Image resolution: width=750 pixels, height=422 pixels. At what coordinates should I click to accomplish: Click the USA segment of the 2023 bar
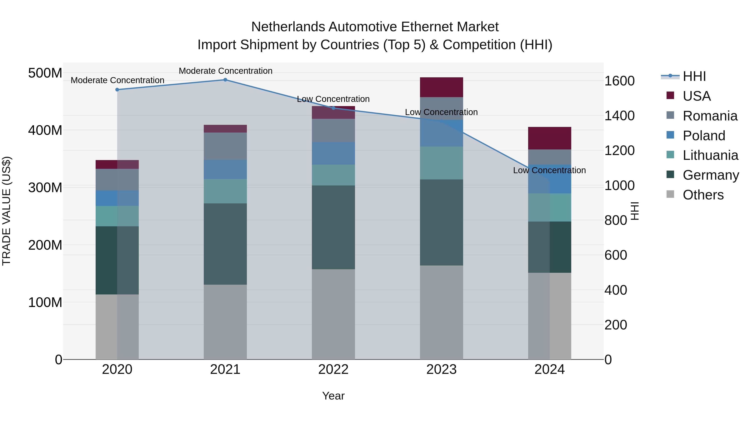tap(441, 87)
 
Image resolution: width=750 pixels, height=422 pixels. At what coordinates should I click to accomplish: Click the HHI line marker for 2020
tap(117, 90)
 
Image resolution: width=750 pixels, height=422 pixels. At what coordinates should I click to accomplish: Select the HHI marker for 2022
tap(333, 108)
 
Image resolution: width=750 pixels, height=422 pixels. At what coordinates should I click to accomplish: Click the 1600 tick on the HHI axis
tap(619, 81)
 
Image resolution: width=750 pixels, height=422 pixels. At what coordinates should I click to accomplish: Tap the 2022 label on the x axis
tap(333, 369)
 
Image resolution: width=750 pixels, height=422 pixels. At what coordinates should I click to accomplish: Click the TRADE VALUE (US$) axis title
tap(6, 211)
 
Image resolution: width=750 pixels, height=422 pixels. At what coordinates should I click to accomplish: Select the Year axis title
tap(333, 396)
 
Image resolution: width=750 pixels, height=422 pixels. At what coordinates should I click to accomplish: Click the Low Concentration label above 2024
tap(549, 170)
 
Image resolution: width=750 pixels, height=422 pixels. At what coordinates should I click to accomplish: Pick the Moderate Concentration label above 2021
tap(225, 71)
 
